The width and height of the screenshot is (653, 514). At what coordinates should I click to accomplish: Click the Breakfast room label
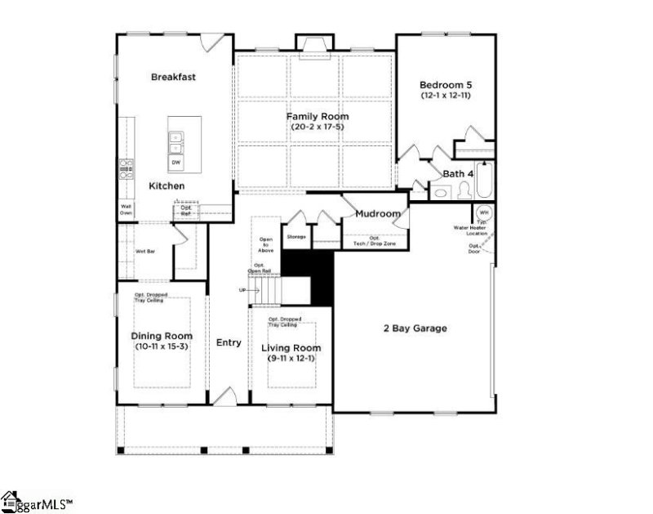(x=174, y=77)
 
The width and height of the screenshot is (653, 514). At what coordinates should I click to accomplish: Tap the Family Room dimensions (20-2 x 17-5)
(x=318, y=127)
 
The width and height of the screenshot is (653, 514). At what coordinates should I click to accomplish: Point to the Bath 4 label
(x=458, y=174)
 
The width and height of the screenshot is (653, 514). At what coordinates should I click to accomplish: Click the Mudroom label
(x=378, y=214)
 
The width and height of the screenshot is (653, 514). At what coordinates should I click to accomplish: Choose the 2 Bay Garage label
(x=415, y=329)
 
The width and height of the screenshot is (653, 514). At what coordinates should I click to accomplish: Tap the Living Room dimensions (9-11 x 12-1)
(x=291, y=359)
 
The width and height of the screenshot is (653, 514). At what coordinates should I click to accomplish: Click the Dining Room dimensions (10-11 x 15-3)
(x=162, y=347)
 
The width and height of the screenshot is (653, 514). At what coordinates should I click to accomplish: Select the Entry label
(x=229, y=342)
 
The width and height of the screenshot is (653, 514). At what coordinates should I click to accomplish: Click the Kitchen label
(x=167, y=186)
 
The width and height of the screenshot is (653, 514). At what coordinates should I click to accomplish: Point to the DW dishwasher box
(x=175, y=163)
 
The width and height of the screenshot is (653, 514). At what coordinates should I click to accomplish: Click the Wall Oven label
(x=127, y=210)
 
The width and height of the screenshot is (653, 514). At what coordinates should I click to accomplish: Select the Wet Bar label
(x=145, y=251)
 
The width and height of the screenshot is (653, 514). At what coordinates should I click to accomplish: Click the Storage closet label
(x=295, y=237)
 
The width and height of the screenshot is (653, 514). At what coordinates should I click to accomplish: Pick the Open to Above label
(x=265, y=244)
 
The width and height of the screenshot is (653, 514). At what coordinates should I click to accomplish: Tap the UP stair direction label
(x=242, y=290)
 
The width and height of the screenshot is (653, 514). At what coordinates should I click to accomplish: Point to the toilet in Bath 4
(x=463, y=190)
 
